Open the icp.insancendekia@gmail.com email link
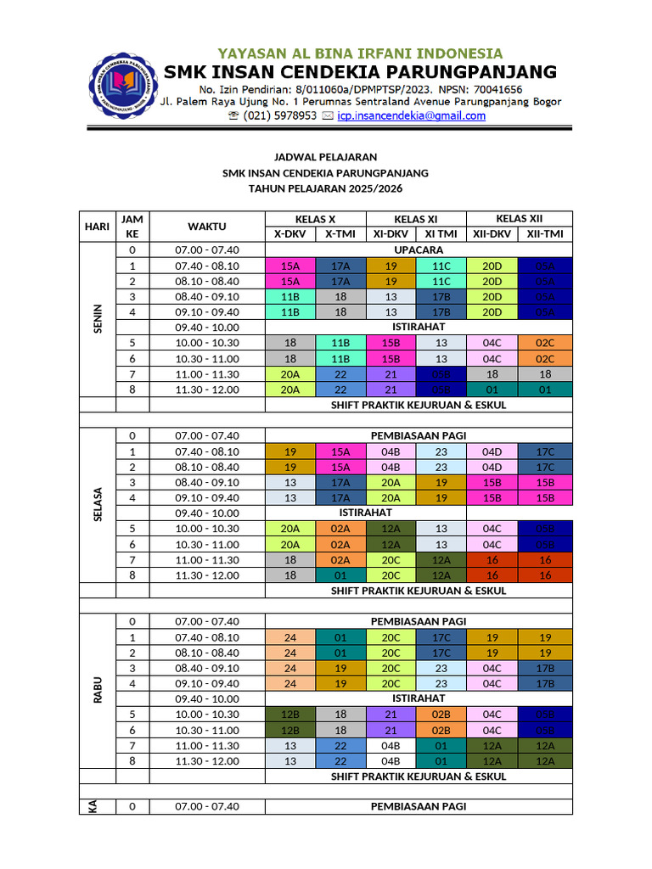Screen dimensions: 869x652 pos(411,116)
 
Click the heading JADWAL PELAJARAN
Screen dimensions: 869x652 pos(325,158)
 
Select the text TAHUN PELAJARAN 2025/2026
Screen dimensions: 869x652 pos(325,188)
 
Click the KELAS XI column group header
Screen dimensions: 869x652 pos(416,219)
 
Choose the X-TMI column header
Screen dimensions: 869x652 pos(340,234)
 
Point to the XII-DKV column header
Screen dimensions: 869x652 pos(492,234)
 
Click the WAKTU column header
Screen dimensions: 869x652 pos(207,227)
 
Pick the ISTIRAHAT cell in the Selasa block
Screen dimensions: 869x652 pos(366,513)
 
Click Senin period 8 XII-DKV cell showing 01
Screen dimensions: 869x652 pos(492,390)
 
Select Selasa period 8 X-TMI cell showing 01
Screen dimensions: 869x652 pos(340,575)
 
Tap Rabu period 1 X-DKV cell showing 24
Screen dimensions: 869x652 pos(290,637)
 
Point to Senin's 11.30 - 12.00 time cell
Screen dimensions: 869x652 pos(207,390)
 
